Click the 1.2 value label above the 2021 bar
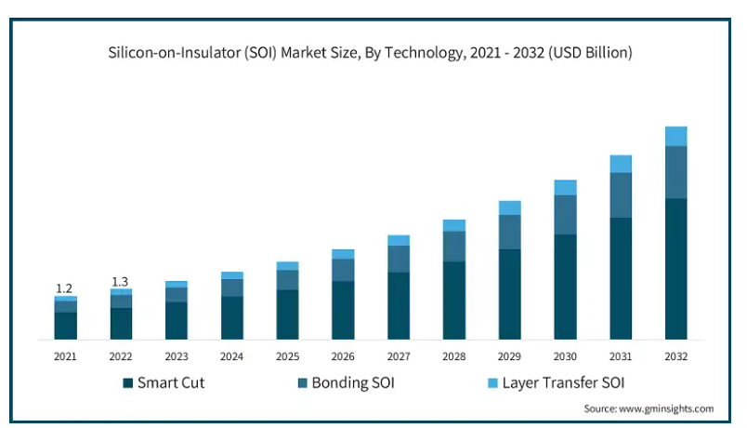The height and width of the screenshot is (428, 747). (x=65, y=288)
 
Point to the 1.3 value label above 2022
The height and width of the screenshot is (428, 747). (x=121, y=281)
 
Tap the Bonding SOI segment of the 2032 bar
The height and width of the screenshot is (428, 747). (x=676, y=172)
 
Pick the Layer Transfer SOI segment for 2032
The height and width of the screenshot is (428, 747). (x=676, y=136)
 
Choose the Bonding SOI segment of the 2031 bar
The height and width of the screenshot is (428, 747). (x=621, y=195)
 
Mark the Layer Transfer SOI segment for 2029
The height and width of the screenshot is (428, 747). (x=510, y=207)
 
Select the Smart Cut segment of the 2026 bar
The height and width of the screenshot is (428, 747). (x=343, y=310)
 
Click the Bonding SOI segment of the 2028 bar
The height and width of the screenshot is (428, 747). (x=454, y=246)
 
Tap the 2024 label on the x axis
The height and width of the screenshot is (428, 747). (x=231, y=356)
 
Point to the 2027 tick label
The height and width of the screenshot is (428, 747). (x=399, y=356)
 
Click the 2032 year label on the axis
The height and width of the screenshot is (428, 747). (x=676, y=356)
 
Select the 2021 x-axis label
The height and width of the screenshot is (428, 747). (x=65, y=356)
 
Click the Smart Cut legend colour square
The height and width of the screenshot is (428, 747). (x=127, y=382)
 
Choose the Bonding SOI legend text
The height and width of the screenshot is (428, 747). (x=353, y=382)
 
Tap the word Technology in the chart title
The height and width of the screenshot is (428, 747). (x=416, y=53)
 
